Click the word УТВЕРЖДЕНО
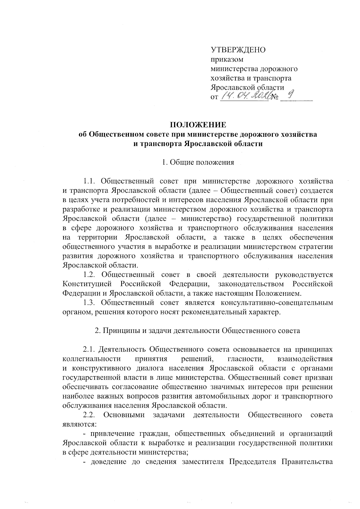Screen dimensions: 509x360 pos(238,50)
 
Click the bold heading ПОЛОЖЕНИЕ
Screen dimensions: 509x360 pos(198,124)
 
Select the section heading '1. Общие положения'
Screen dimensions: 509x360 pos(198,163)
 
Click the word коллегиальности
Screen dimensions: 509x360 pos(92,359)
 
